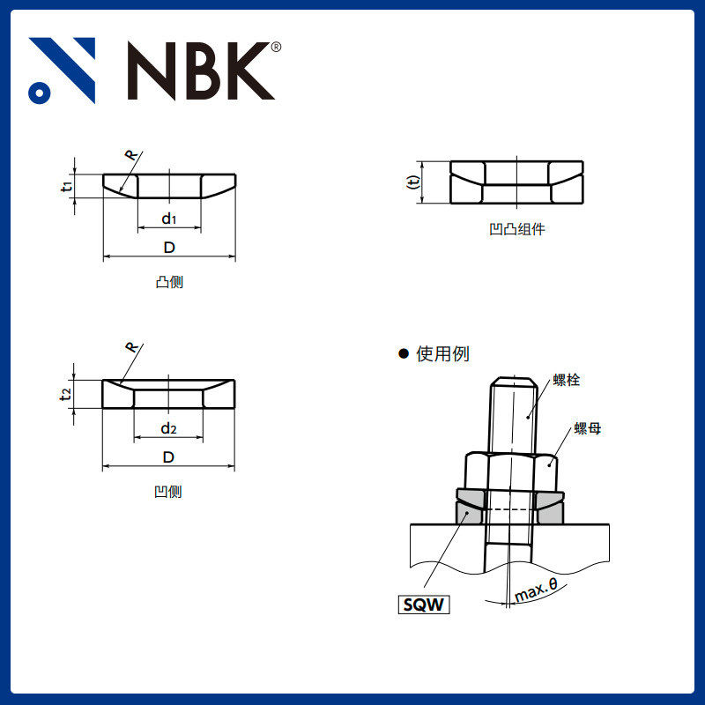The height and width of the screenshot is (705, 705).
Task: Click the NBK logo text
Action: pyautogui.click(x=201, y=70)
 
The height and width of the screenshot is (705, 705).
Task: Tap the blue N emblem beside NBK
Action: pyautogui.click(x=62, y=70)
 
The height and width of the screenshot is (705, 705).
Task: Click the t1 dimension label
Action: pyautogui.click(x=66, y=186)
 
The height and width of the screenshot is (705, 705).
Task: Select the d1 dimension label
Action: pyautogui.click(x=169, y=218)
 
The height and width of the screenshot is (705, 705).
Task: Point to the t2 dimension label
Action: pyautogui.click(x=66, y=393)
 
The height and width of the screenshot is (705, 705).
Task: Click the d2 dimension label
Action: pyautogui.click(x=168, y=428)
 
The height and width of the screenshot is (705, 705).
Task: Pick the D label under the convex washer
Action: pyautogui.click(x=169, y=248)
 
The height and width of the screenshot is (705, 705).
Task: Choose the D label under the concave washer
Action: pyautogui.click(x=168, y=456)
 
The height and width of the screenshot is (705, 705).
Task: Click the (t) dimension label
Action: pyautogui.click(x=412, y=182)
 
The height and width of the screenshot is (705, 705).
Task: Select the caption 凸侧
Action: pyautogui.click(x=168, y=283)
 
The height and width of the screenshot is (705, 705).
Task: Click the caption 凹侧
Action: pyautogui.click(x=168, y=492)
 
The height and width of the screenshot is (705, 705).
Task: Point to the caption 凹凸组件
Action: pyautogui.click(x=517, y=229)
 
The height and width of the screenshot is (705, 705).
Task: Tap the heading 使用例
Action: pyautogui.click(x=442, y=353)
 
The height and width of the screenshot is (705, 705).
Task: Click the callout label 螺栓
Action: pyautogui.click(x=567, y=380)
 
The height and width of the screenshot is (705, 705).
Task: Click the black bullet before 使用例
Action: pyautogui.click(x=404, y=353)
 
